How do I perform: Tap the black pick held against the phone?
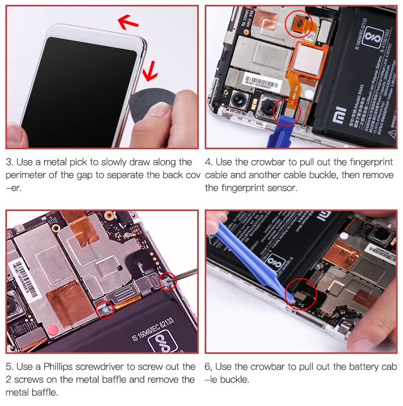144,105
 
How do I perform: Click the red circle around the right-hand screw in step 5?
167,279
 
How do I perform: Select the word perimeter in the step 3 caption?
28,175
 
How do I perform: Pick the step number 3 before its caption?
9,162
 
